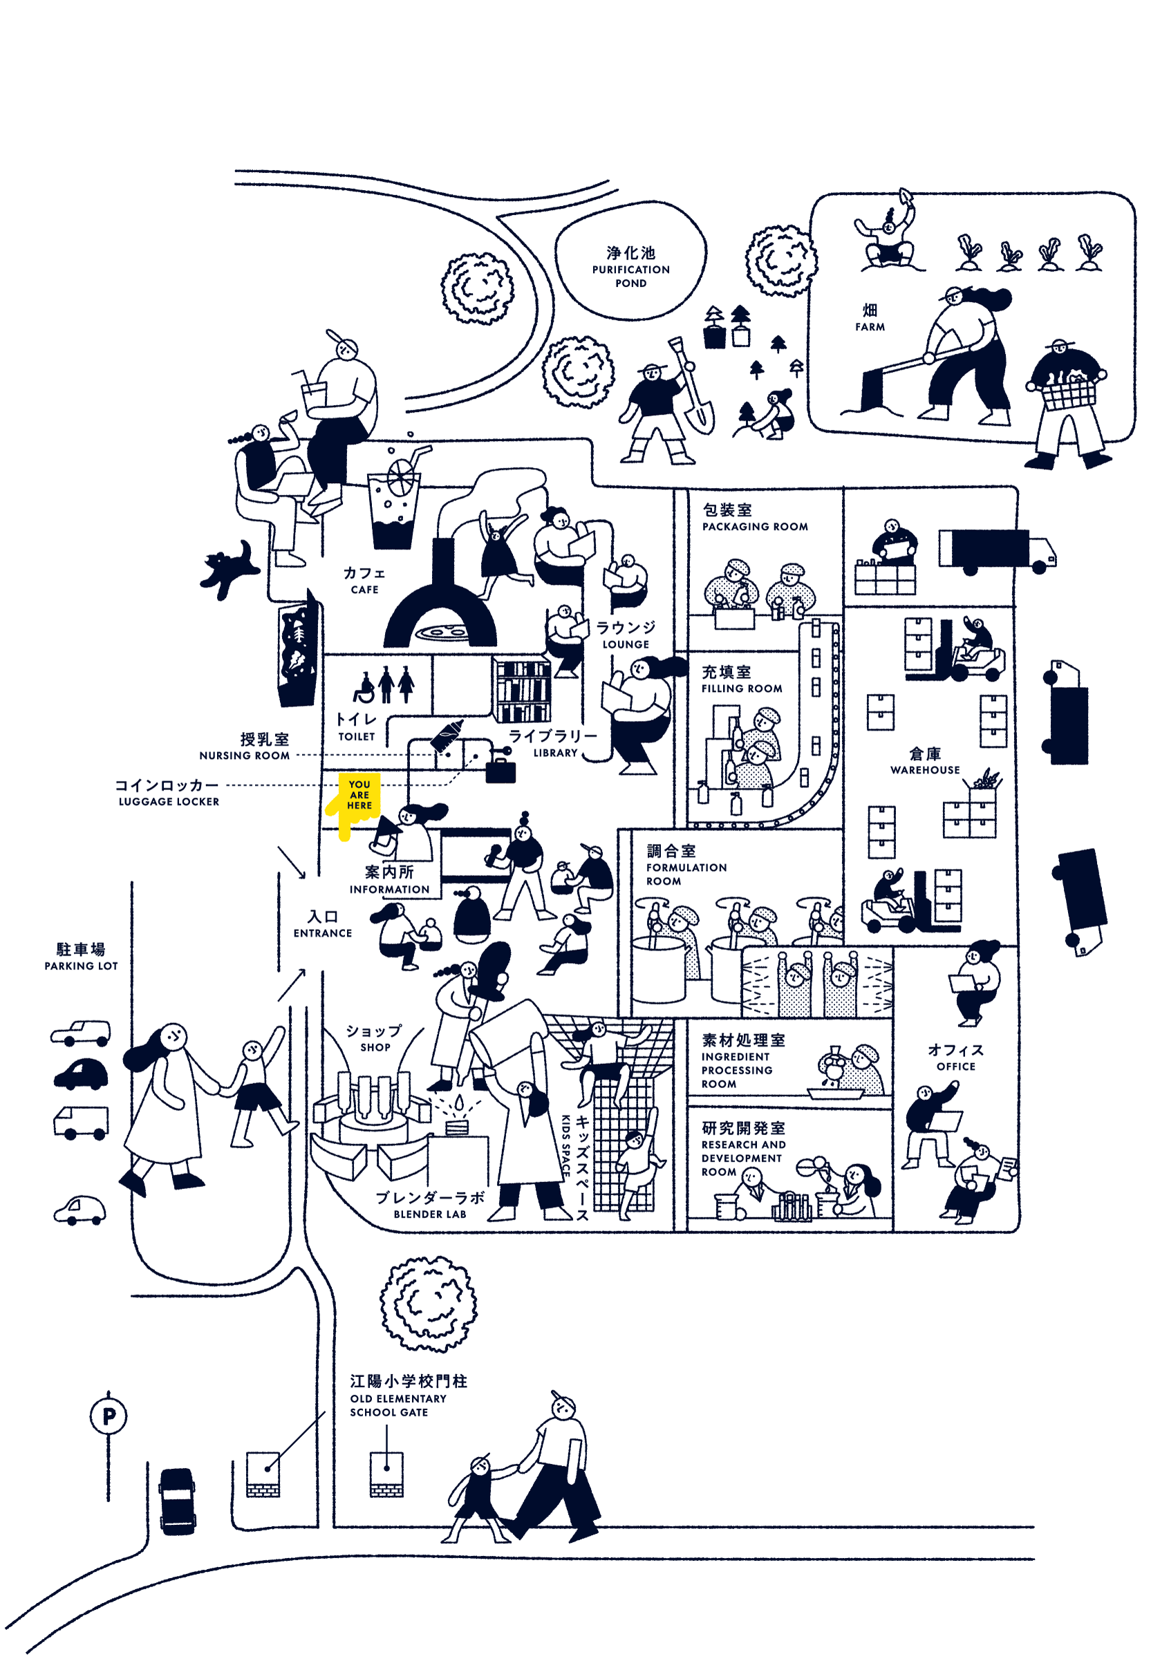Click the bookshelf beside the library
point(522,689)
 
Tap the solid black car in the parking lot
point(82,1074)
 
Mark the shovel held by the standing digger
point(693,393)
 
